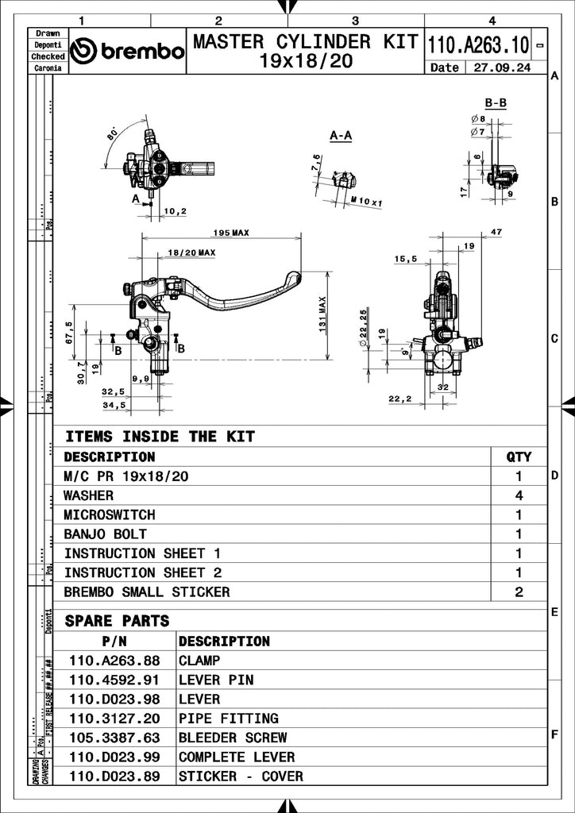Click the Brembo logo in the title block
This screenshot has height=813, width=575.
[127, 52]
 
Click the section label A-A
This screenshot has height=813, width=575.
[340, 136]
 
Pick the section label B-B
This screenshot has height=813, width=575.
[496, 103]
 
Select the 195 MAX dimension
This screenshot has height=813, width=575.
[230, 233]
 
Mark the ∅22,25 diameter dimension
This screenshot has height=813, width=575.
[363, 328]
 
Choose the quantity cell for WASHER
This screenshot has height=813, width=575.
[519, 495]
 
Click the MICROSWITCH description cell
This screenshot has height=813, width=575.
[110, 514]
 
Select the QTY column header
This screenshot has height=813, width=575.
[519, 457]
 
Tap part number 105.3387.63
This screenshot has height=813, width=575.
[114, 738]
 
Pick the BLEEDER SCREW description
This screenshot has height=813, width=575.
[233, 738]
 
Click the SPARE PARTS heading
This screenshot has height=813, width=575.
[117, 620]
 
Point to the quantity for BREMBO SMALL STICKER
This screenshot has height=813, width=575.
[519, 591]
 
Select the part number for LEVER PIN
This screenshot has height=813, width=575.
[114, 680]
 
